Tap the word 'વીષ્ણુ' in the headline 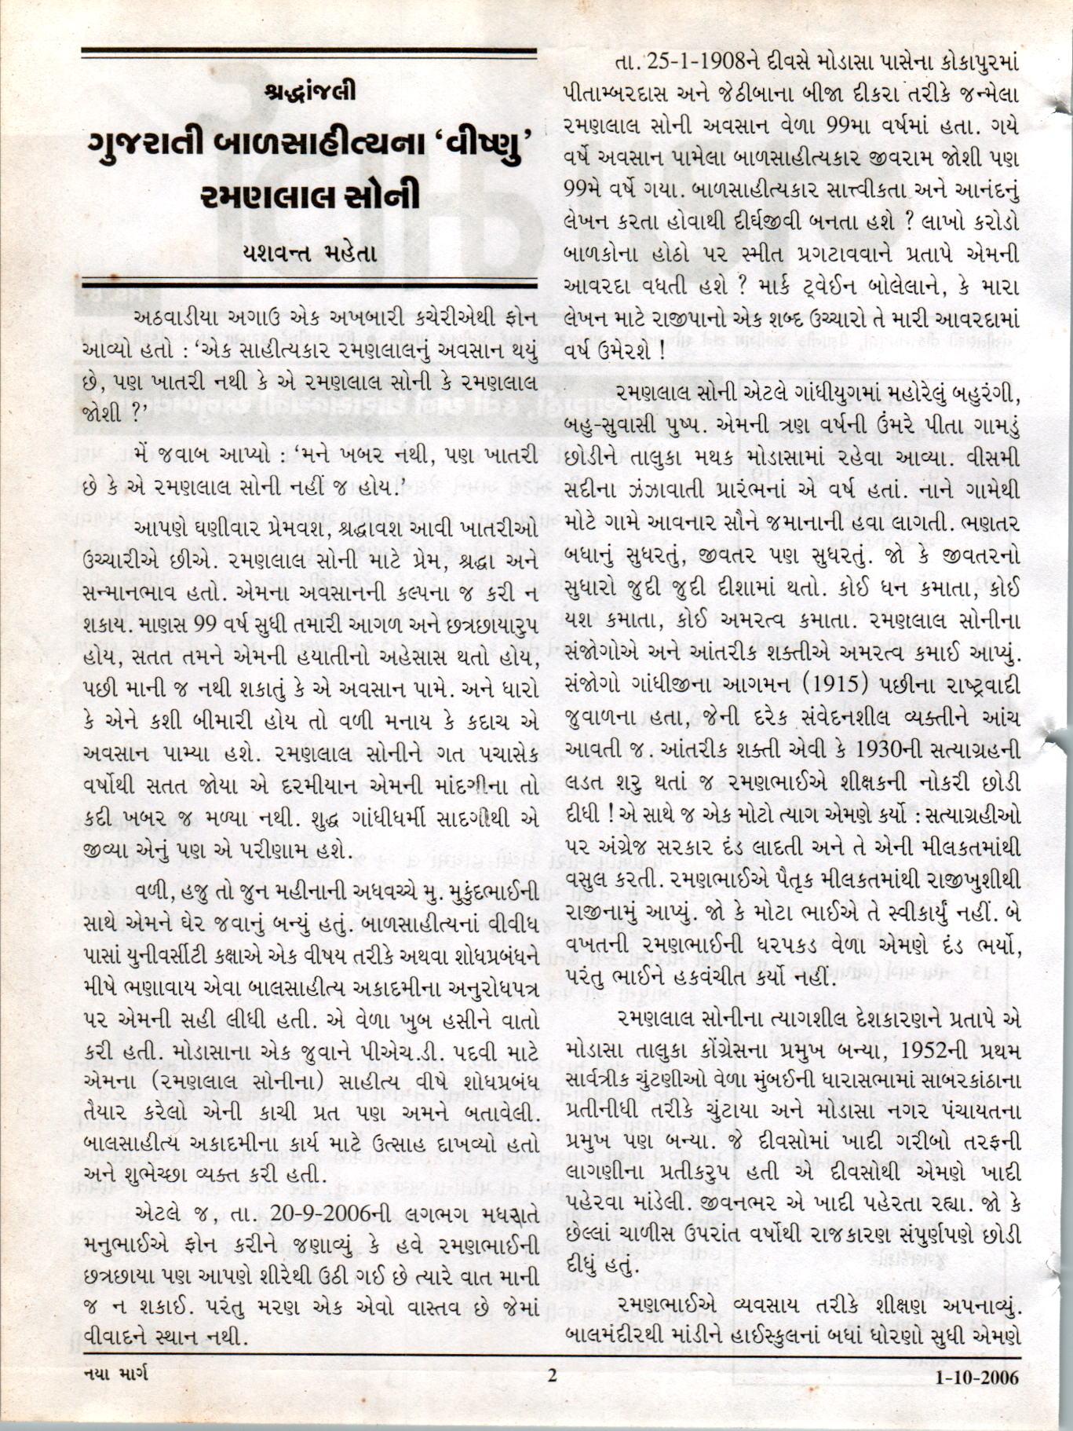[x=476, y=143]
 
